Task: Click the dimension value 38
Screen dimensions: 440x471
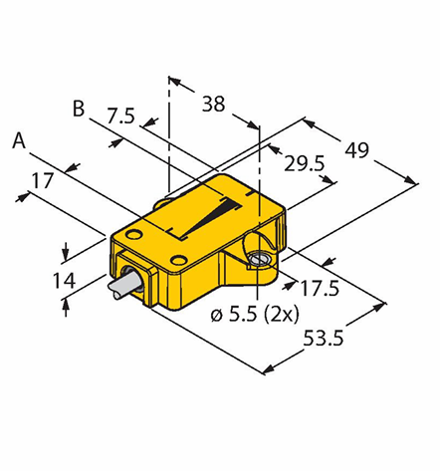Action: [x=213, y=104]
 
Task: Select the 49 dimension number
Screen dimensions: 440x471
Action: [x=356, y=150]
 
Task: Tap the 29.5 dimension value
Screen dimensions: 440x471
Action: [x=304, y=163]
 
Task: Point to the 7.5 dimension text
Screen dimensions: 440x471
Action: [x=120, y=116]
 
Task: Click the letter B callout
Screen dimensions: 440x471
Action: [x=79, y=109]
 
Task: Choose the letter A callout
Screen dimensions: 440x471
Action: [x=19, y=140]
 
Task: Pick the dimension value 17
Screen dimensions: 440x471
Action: [x=42, y=181]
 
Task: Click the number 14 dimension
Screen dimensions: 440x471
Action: [x=64, y=281]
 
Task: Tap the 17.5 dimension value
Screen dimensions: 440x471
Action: [x=320, y=288]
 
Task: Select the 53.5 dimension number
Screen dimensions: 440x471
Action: [x=324, y=339]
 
